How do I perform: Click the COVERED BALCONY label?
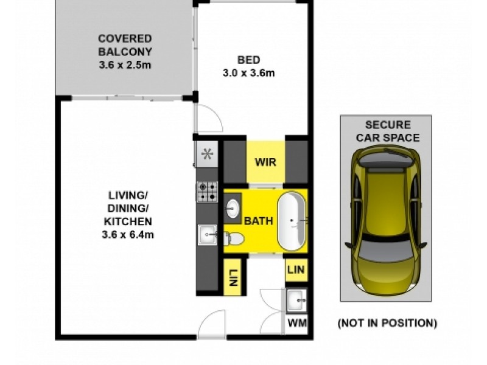pos(125,45)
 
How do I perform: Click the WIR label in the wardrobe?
pos(265,163)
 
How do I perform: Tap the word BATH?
pos(259,220)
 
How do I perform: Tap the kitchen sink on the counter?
pos(207,234)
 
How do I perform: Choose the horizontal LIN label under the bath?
pos(296,269)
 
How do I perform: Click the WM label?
pos(296,322)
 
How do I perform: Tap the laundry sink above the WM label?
pos(296,299)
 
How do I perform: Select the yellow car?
pos(387,222)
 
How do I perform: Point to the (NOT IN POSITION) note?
pos(387,323)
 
